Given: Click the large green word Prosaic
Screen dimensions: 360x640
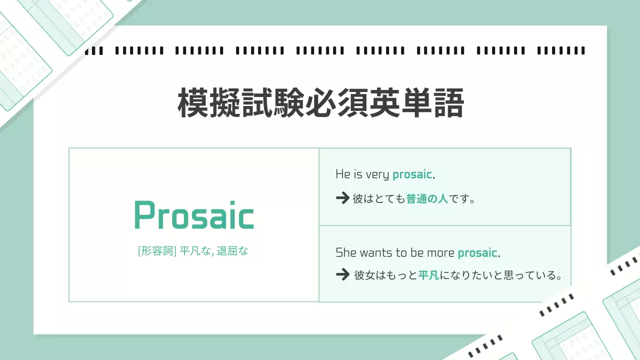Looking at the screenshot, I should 194,215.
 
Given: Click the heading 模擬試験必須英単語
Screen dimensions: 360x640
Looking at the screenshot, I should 320,103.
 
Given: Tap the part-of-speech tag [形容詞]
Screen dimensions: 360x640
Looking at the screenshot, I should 156,251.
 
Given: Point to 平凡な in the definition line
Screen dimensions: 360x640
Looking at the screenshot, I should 195,251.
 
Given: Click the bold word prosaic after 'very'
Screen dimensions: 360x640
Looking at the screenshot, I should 412,174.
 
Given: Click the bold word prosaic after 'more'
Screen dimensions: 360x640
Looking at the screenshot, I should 477,253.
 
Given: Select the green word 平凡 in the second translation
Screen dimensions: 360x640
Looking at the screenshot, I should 428,275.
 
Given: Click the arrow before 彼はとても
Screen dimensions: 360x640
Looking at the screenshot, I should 342,198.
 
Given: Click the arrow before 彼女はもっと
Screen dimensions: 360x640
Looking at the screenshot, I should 342,275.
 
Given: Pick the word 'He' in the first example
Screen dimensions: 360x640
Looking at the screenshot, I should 342,174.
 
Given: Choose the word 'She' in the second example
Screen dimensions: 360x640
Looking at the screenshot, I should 346,253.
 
